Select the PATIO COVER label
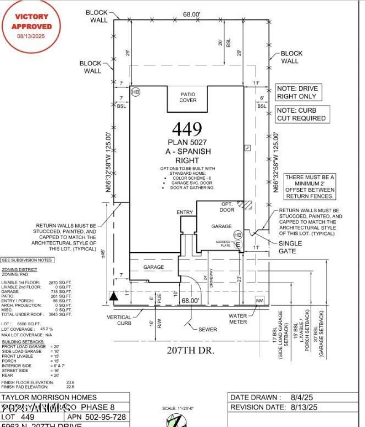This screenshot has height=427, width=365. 188,97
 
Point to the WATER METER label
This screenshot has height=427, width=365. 238,318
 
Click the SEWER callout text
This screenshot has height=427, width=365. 208,329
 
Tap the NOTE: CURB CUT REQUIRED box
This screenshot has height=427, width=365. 302,114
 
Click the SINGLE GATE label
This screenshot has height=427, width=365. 290,247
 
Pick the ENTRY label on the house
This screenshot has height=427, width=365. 185,213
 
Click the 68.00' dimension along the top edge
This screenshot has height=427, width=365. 192,14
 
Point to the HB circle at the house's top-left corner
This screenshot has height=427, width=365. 136,92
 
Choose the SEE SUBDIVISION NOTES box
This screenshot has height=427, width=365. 26,260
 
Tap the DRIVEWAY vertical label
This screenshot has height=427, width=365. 211,281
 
